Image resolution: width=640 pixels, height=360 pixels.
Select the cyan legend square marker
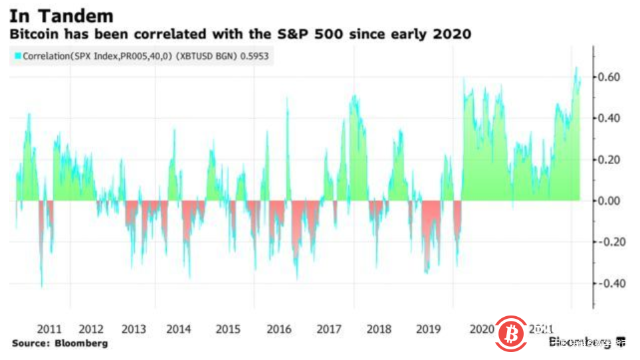(17, 56)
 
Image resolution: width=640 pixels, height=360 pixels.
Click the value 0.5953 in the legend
(255, 56)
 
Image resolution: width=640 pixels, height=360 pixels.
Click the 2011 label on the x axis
(51, 329)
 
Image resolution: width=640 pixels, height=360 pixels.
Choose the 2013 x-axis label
(135, 329)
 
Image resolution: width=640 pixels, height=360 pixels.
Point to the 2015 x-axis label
(228, 329)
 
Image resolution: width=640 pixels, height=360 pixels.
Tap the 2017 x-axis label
(330, 329)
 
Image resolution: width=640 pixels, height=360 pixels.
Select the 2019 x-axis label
(429, 329)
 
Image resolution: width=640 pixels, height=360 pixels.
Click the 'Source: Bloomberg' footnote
(59, 343)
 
